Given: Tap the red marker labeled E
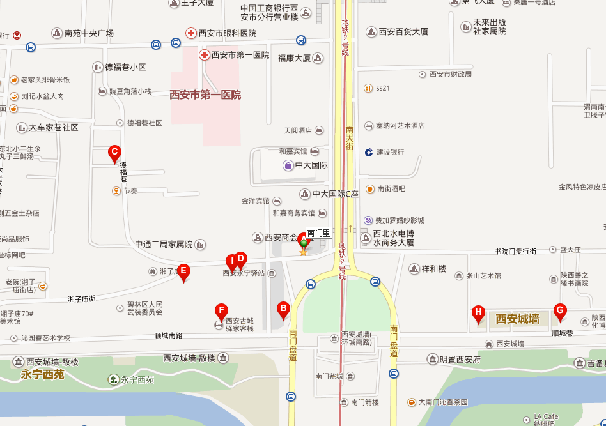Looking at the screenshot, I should coord(183,271).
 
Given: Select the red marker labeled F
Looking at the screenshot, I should coord(221,312).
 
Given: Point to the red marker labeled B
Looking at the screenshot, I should coord(283,309).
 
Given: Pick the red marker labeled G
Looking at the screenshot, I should coord(560,311).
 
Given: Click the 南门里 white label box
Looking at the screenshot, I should coord(318,233).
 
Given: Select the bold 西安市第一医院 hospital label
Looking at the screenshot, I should coord(205,95).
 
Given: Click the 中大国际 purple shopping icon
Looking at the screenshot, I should coord(288,165).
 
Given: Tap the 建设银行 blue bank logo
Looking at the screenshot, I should coord(369,152).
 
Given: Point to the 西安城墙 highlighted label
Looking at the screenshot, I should coord(517,318).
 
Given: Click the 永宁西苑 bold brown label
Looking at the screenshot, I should coord(43,375).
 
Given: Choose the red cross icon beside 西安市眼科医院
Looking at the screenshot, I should coord(190,33).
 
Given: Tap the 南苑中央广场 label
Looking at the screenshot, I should coord(89,33).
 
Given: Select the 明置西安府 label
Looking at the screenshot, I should coord(460,359).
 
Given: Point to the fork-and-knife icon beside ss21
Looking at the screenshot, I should coord(368,88).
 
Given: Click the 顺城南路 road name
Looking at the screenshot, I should coord(168,335).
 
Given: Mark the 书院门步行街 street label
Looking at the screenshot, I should coord(515,251).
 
